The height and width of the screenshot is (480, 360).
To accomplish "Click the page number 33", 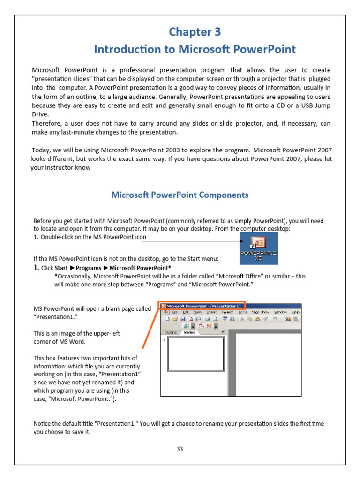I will (x=180, y=449).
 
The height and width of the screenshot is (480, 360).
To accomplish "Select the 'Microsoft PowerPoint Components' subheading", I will (x=180, y=195).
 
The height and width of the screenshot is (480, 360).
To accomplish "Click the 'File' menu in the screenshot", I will (x=174, y=312).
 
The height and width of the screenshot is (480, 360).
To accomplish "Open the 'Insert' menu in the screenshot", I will (x=212, y=312).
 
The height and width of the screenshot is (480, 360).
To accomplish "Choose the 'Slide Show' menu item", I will (x=260, y=312).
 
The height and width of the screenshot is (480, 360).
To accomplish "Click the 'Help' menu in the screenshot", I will (x=295, y=312).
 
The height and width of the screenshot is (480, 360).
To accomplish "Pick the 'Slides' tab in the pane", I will (x=189, y=332).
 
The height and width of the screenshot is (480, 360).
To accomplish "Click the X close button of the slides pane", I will (x=223, y=332).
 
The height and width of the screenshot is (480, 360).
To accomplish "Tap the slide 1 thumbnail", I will (x=195, y=354).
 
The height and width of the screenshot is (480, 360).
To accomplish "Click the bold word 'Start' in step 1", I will (x=61, y=268).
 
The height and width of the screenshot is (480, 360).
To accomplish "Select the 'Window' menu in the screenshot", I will (x=280, y=312).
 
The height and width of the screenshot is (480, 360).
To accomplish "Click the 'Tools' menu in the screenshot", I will (x=242, y=312).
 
